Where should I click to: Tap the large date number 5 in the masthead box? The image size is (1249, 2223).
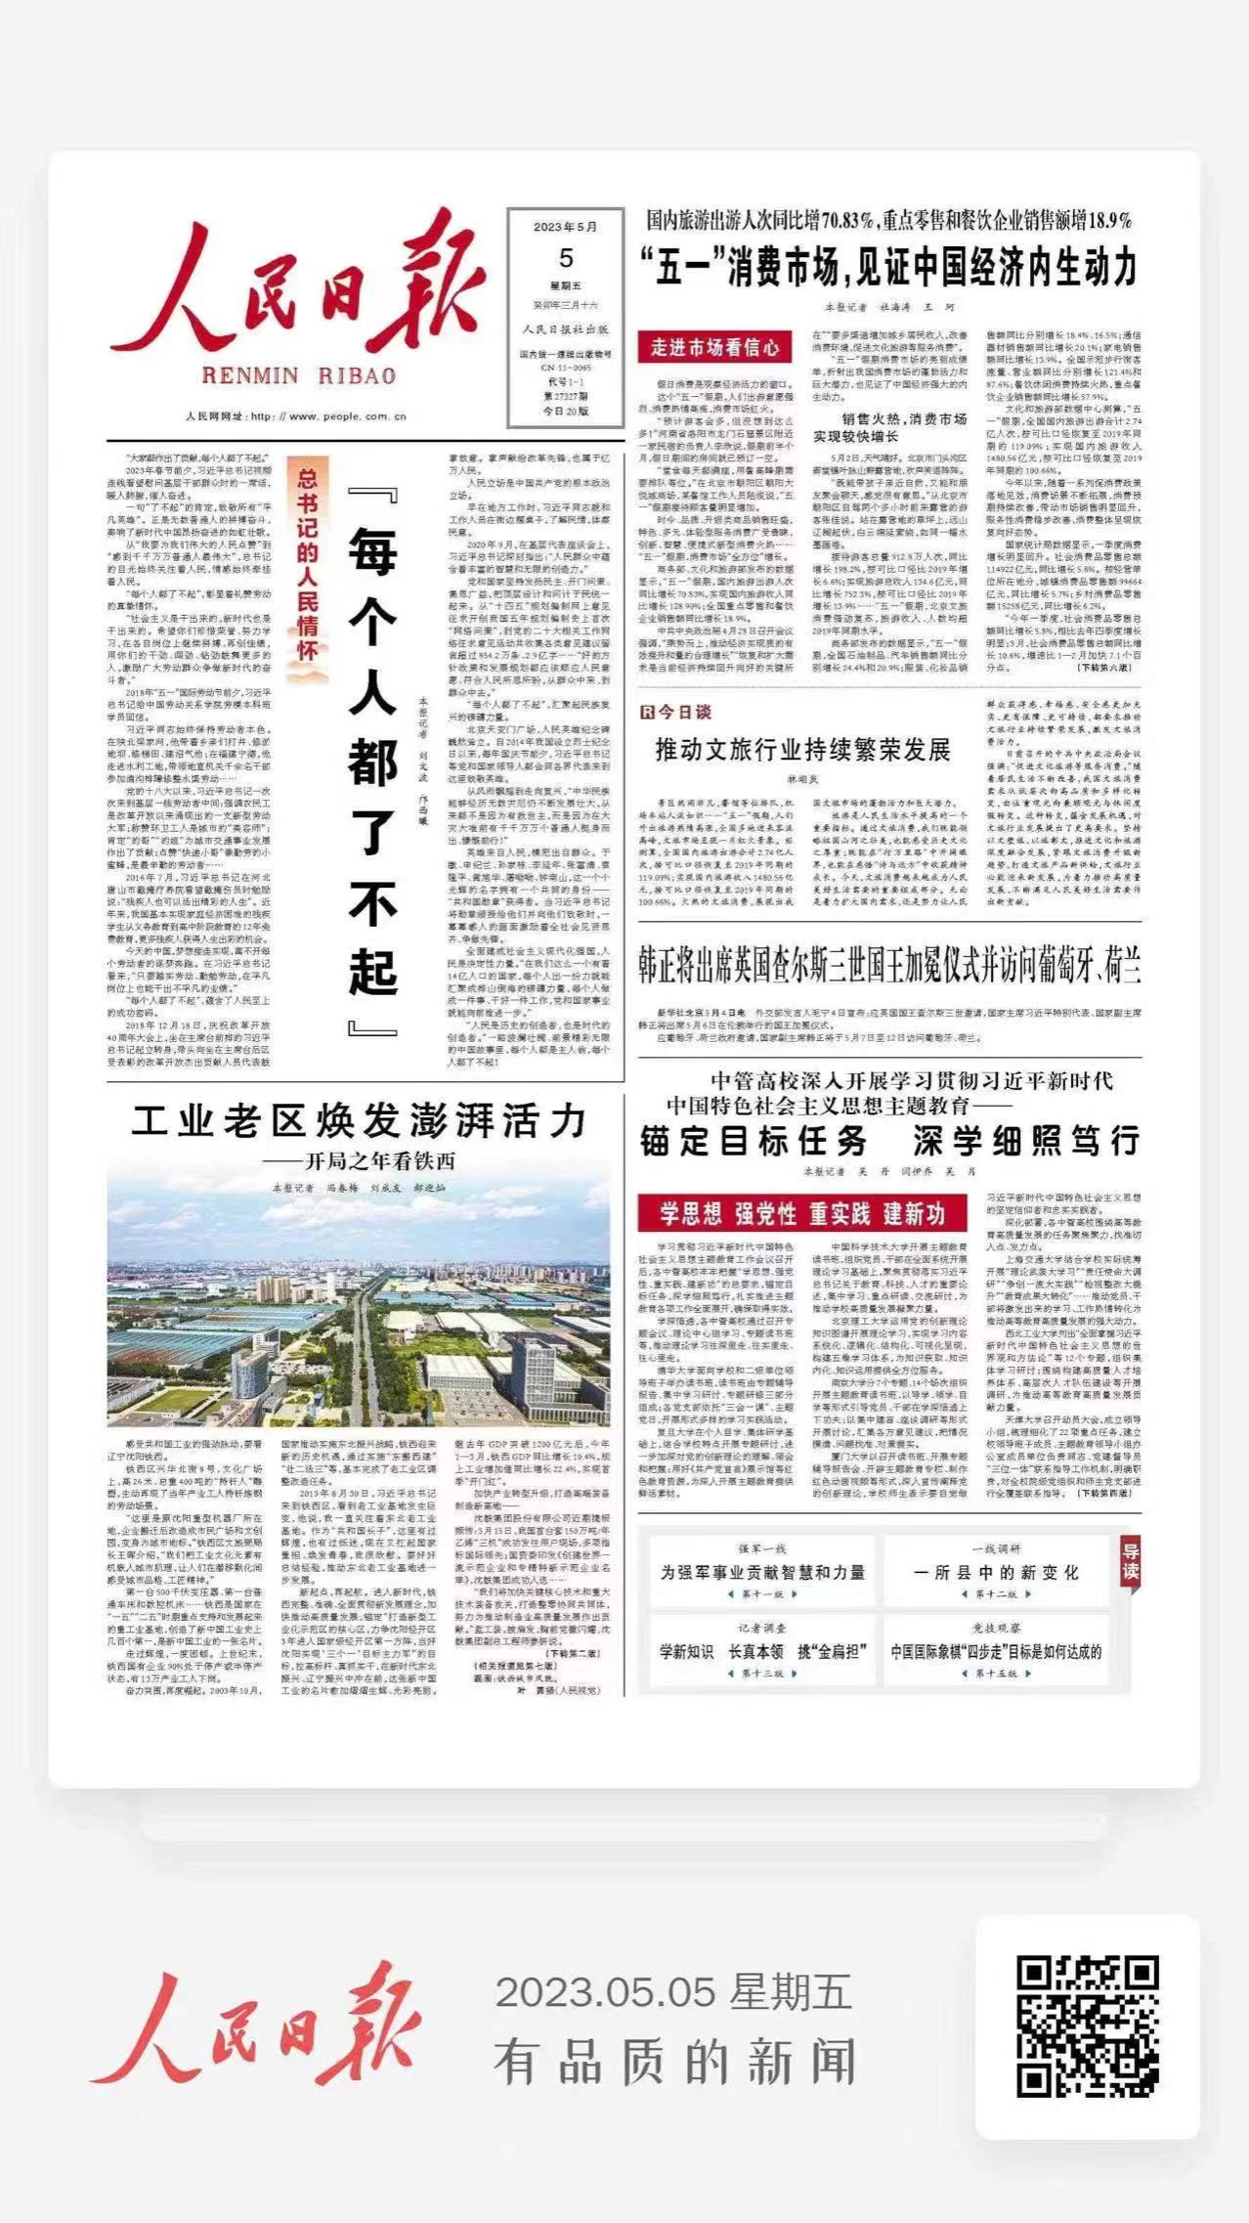tap(566, 258)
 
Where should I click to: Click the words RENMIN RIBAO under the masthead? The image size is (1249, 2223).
tap(297, 376)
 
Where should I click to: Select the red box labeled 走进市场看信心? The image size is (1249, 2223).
tap(714, 347)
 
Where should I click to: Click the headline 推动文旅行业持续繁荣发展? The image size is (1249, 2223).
tap(802, 751)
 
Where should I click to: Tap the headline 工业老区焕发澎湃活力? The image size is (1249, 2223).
tap(359, 1122)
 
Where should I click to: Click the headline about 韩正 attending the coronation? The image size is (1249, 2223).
tap(889, 966)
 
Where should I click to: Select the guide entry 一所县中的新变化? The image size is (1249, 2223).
tap(996, 1573)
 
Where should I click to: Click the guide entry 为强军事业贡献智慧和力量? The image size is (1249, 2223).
tap(762, 1573)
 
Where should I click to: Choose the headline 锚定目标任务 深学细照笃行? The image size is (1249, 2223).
tap(889, 1141)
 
